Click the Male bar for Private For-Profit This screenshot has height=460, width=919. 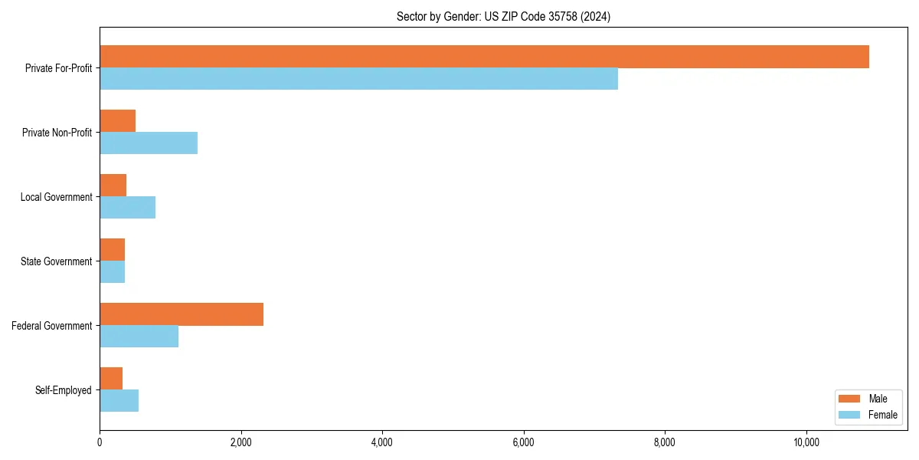484,57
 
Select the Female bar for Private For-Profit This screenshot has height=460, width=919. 358,79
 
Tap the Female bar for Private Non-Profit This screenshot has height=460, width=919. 149,143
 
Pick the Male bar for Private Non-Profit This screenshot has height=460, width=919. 117,121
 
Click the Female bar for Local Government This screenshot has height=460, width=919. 127,208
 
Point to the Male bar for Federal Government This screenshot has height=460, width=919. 182,314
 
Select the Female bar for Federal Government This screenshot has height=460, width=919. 139,337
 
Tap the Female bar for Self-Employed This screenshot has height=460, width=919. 119,401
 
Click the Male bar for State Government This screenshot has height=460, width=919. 112,250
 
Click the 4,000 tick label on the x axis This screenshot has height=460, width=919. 382,442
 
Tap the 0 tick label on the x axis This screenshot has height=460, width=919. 100,442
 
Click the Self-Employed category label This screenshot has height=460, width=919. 64,390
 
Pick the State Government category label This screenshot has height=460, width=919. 57,261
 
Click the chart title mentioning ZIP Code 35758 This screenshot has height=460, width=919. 503,16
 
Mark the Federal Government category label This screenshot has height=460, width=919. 52,326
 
